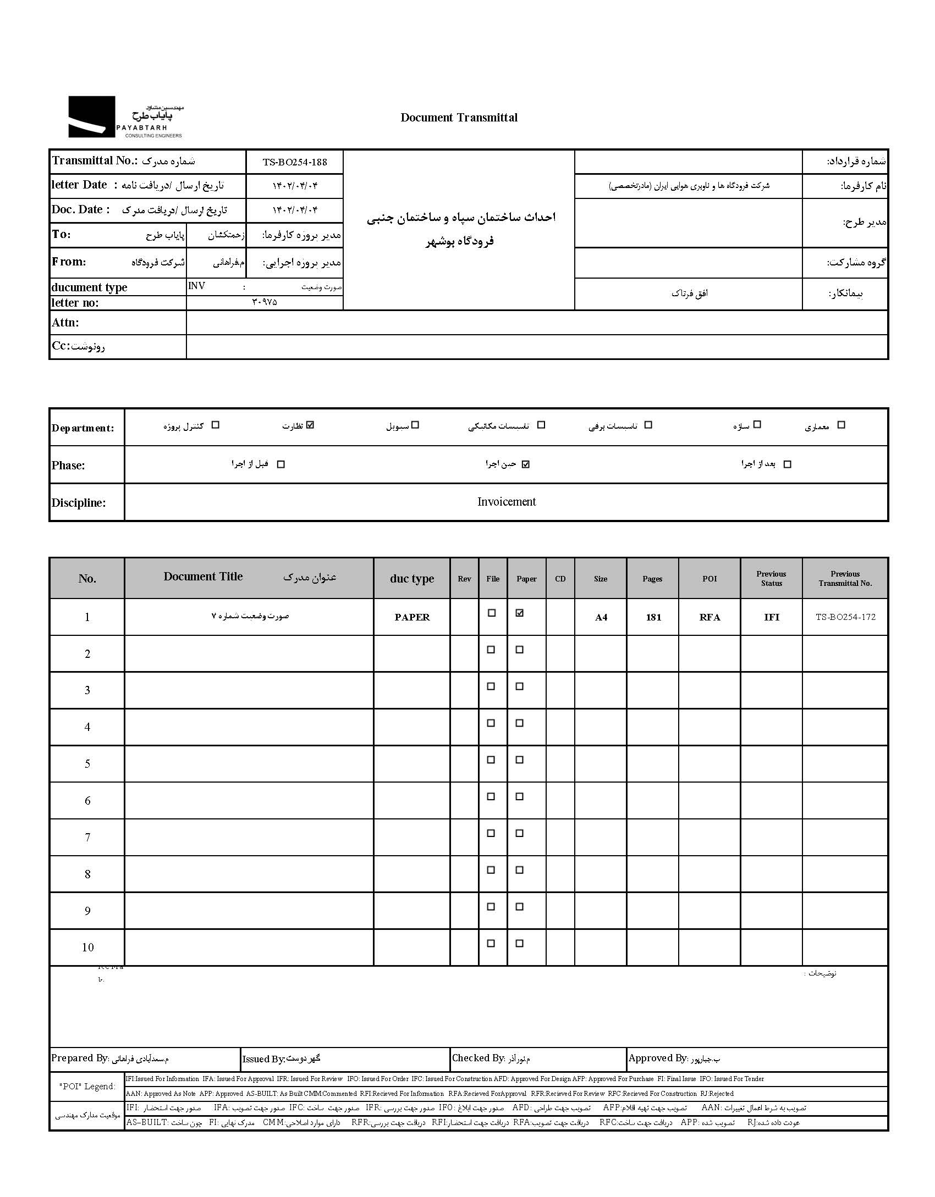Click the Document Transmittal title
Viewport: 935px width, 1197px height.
(459, 117)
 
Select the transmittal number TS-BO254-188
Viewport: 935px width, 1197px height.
(295, 162)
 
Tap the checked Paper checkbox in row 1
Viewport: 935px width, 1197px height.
(520, 613)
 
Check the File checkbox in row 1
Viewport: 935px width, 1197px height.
(492, 613)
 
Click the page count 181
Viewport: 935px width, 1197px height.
(653, 617)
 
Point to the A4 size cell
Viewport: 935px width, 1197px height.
(601, 617)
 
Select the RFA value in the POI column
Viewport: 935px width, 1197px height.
(710, 617)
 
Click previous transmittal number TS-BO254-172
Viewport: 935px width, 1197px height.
(845, 617)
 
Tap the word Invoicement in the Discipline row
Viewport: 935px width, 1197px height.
(506, 501)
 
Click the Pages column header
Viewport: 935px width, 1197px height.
(652, 579)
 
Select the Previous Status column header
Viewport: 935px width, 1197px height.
(771, 578)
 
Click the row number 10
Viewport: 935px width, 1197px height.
(87, 947)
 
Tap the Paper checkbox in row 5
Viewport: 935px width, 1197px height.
(520, 760)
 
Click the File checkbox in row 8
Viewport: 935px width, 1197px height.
(492, 870)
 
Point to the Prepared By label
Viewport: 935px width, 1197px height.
(80, 1058)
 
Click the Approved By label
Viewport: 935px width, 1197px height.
(658, 1058)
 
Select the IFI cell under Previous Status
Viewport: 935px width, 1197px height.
(771, 617)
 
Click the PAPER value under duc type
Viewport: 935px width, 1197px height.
(412, 617)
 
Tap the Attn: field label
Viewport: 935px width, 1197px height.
(65, 323)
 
